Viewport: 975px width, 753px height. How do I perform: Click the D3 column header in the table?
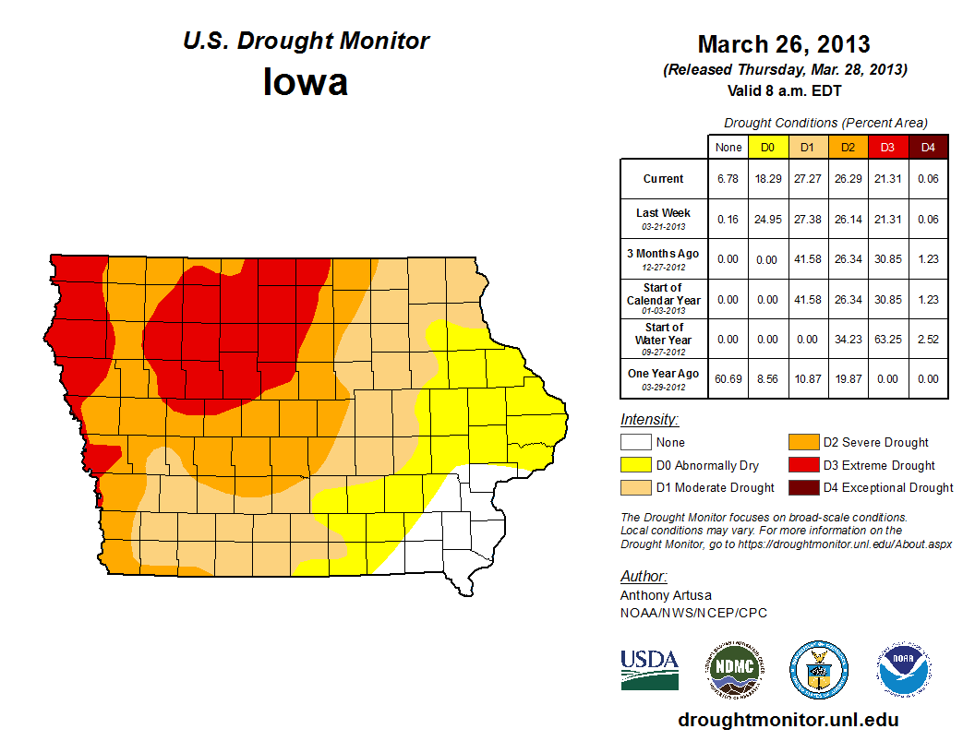(887, 147)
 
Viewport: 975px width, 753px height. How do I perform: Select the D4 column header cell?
(928, 147)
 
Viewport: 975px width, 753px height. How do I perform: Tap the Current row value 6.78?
(728, 179)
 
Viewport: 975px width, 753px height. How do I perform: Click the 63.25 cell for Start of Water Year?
(887, 340)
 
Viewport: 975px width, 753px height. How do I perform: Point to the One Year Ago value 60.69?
(728, 379)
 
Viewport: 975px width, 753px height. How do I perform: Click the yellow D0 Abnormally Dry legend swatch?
(634, 465)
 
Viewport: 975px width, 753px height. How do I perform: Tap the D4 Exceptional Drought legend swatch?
(803, 487)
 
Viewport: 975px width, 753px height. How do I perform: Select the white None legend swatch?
(634, 443)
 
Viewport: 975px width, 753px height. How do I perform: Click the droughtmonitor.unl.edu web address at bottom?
(788, 720)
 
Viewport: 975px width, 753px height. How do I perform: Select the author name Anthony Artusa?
(666, 595)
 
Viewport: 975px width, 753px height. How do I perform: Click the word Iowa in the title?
(306, 82)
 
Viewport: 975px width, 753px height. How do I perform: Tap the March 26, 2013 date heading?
(784, 44)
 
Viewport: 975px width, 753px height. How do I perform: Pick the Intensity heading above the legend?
(649, 420)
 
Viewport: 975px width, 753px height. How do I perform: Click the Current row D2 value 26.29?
(847, 179)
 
